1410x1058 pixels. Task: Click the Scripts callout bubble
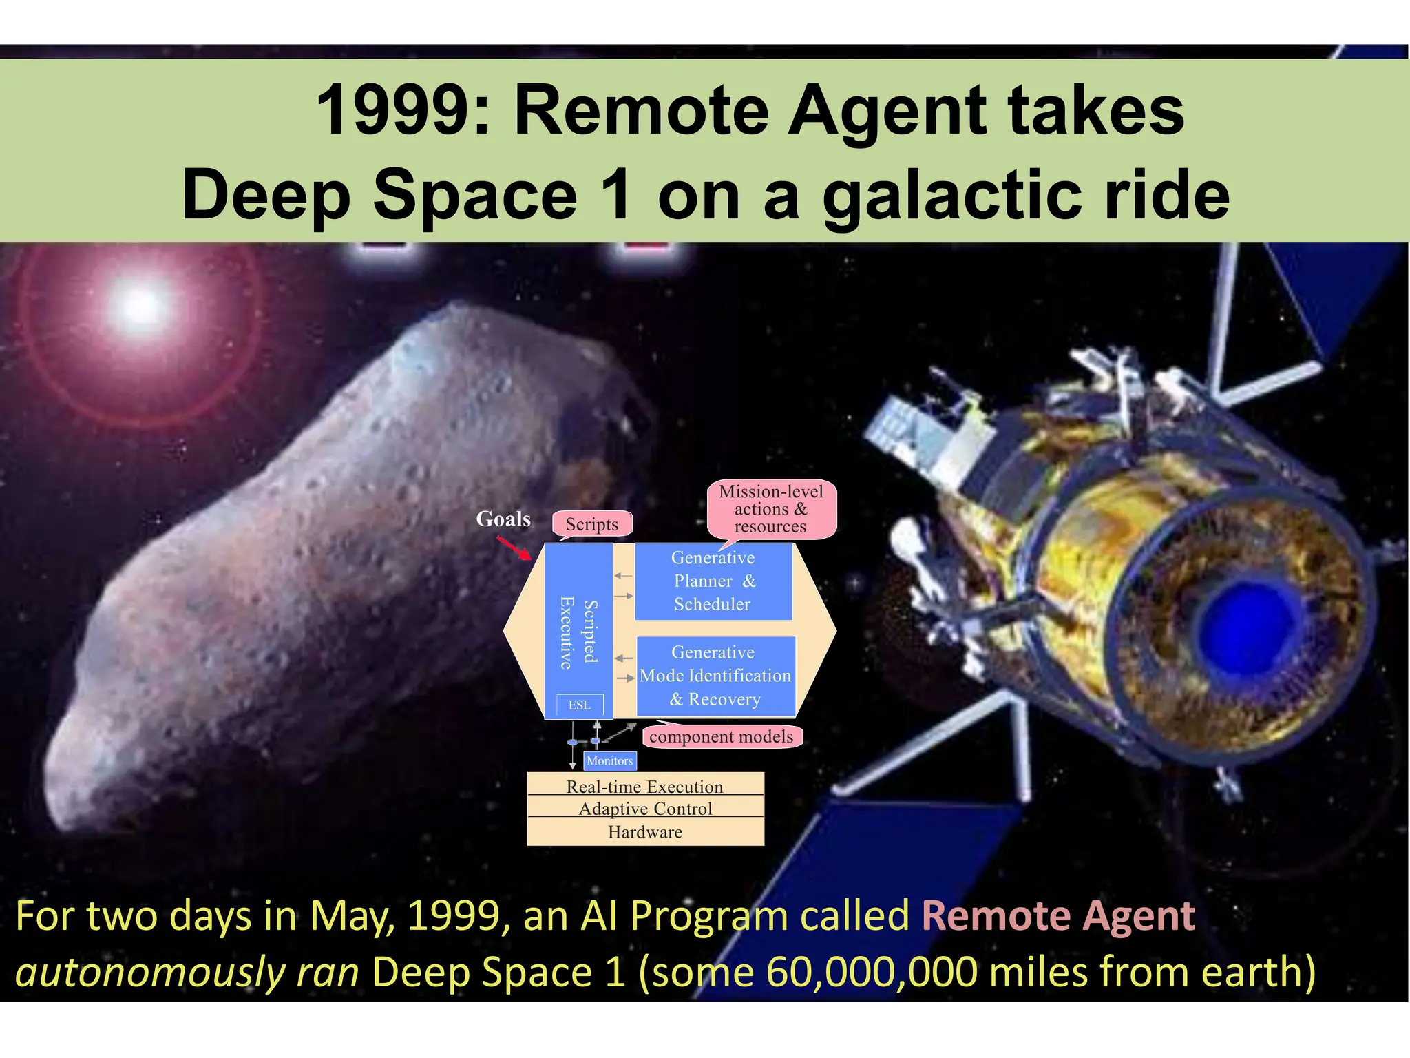(x=592, y=524)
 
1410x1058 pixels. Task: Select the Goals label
(x=503, y=519)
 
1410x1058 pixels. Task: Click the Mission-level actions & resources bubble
(x=771, y=509)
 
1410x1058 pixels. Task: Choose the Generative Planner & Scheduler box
(x=713, y=581)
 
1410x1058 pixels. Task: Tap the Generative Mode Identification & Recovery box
(x=715, y=676)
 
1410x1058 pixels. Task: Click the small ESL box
(x=580, y=705)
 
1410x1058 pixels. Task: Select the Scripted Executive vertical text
(x=578, y=632)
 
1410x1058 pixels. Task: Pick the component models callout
(x=721, y=736)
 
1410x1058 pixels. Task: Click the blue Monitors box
(x=609, y=760)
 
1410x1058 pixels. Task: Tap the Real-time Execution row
(x=645, y=786)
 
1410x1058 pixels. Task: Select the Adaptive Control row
(x=645, y=808)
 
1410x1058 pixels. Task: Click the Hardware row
(x=645, y=832)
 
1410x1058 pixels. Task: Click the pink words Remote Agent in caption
(x=1057, y=916)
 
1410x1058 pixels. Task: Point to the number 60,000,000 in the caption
(x=871, y=972)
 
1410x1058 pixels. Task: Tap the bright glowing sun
(x=140, y=304)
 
